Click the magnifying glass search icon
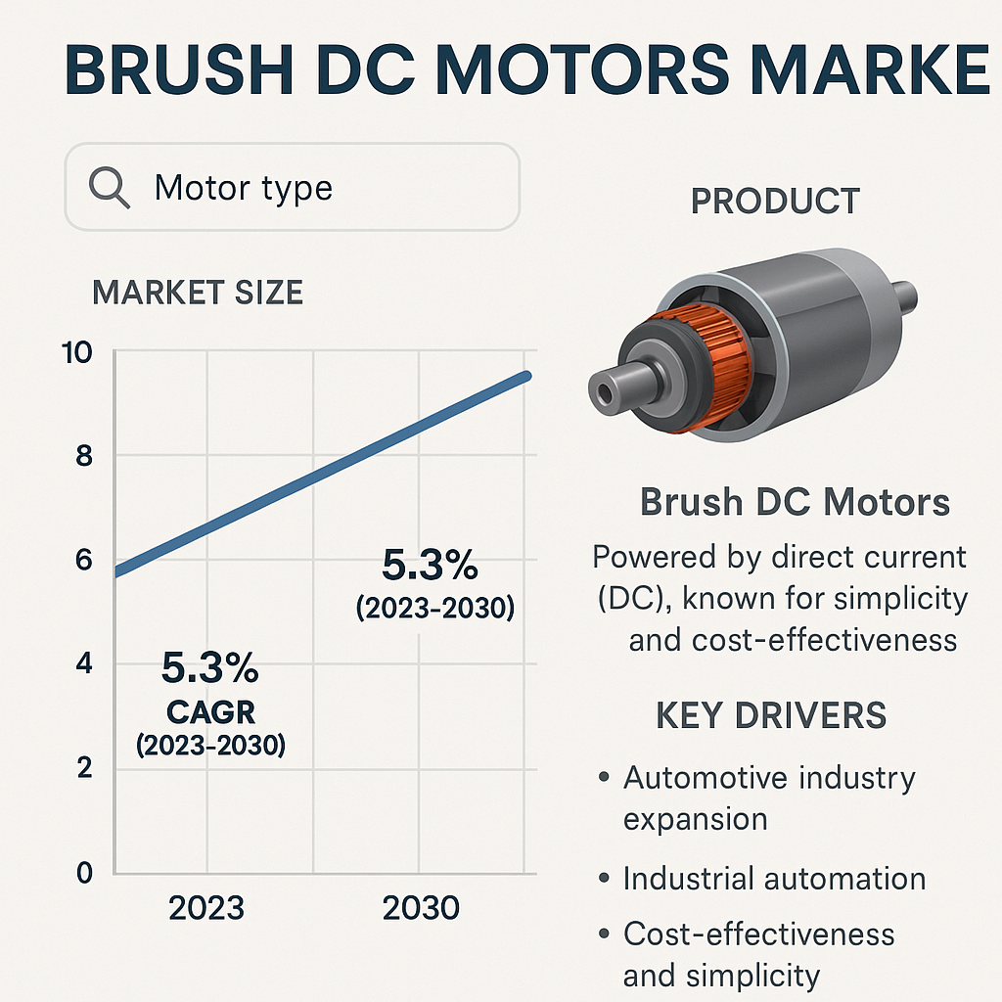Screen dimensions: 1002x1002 pos(109,187)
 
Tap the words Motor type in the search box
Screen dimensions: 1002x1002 pos(244,188)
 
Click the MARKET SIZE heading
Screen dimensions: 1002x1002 pos(198,293)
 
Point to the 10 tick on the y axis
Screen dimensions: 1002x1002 pos(77,352)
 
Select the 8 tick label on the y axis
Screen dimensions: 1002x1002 pos(84,456)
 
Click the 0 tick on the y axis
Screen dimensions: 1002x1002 pos(84,872)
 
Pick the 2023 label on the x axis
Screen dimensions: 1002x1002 pos(206,908)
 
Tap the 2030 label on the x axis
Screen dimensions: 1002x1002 pos(421,908)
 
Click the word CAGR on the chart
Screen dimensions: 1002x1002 pos(210,712)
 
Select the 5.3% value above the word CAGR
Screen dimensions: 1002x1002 pos(209,667)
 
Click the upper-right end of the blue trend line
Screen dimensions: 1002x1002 pos(527,376)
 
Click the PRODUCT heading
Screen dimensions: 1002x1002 pos(775,202)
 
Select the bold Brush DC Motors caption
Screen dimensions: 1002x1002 pos(795,502)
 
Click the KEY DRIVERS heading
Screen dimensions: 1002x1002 pos(771,715)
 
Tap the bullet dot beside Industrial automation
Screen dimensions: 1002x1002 pos(604,879)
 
